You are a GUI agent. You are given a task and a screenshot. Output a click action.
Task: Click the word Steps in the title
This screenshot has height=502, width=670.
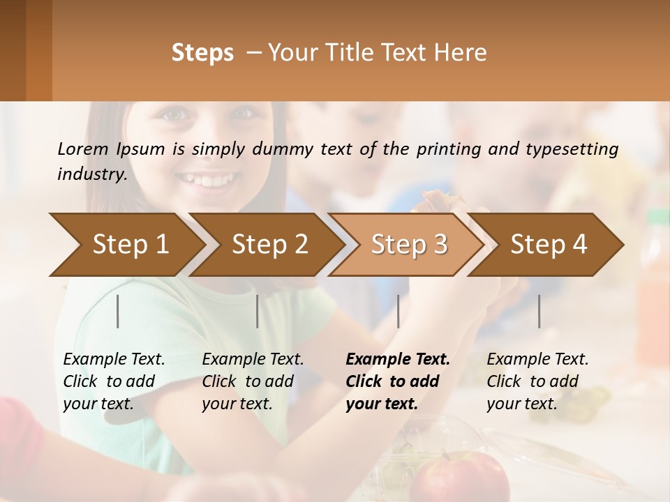202,53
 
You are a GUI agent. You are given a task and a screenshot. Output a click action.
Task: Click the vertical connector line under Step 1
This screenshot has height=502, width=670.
118,311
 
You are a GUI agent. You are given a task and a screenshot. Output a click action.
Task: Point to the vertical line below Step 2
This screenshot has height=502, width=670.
258,311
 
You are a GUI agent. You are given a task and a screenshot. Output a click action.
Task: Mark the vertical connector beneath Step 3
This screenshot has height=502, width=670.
399,311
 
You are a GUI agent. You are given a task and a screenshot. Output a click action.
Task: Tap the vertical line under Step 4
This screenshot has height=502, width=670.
539,311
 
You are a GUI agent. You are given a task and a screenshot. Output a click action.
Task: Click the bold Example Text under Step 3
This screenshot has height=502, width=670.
396,381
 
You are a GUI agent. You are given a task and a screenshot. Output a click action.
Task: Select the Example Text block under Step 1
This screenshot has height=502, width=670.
113,381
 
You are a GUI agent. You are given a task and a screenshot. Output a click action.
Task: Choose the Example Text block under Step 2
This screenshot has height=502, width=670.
252,381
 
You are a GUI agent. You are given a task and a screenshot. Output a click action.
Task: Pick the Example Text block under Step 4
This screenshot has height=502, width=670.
537,381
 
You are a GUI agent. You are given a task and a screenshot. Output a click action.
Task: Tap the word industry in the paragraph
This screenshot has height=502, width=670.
91,174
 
